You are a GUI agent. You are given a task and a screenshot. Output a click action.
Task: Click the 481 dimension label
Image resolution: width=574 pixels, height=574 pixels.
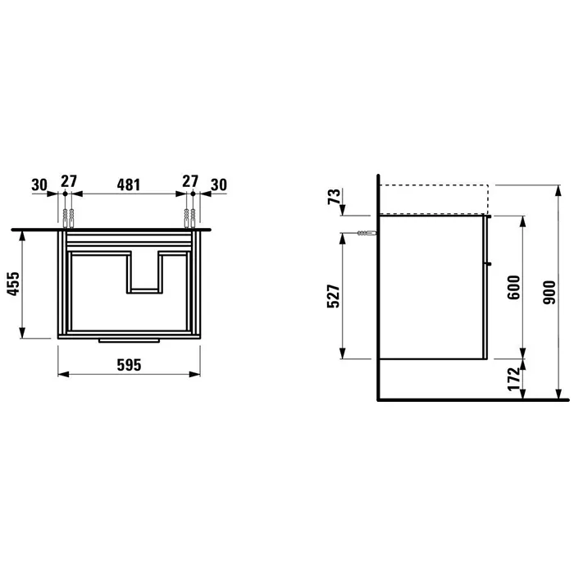point(129,184)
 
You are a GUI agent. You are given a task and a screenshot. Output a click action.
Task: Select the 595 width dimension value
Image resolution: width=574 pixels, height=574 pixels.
point(129,365)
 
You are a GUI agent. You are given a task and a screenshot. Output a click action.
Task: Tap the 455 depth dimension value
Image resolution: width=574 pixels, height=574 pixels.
point(13,284)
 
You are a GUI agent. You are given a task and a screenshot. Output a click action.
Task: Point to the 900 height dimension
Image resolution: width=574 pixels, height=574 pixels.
point(549,293)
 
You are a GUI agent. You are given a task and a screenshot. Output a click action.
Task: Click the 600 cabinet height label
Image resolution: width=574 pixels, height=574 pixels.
point(514,287)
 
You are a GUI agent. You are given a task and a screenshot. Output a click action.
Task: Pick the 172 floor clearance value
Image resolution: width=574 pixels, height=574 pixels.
point(514,379)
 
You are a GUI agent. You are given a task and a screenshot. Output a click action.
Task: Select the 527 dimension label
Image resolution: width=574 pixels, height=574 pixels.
point(334,296)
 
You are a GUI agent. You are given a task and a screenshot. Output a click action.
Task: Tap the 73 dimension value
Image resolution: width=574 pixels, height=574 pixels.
point(335,197)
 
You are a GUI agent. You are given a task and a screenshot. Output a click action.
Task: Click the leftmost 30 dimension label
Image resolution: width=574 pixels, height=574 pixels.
point(39,184)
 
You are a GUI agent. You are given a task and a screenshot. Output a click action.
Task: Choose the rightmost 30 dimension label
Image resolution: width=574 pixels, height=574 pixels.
point(219,184)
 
